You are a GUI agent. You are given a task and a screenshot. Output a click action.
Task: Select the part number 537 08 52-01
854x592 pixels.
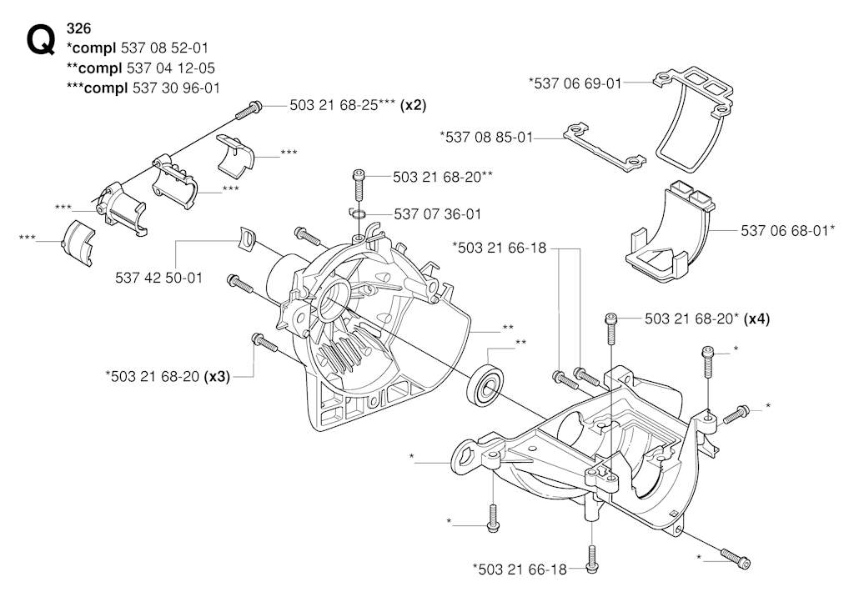(164, 48)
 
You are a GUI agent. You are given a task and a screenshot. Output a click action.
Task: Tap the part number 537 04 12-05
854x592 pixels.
(170, 68)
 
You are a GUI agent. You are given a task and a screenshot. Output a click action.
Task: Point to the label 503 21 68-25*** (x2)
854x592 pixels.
(358, 105)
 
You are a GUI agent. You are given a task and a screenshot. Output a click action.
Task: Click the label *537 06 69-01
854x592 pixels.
(575, 83)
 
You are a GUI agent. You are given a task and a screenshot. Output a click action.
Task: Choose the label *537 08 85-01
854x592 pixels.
(486, 137)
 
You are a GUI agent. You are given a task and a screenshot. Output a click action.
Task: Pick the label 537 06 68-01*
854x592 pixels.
(788, 230)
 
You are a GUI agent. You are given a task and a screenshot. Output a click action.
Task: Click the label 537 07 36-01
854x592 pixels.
(438, 214)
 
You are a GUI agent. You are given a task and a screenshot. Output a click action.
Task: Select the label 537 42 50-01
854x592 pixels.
(158, 278)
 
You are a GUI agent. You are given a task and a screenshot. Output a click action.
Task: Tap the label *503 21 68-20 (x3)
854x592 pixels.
(167, 376)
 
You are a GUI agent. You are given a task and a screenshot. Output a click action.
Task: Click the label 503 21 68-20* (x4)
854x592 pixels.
(707, 319)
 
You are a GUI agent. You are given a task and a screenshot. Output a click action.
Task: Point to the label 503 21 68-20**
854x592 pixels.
(444, 177)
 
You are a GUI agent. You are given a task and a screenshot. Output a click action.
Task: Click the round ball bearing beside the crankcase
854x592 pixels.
(486, 384)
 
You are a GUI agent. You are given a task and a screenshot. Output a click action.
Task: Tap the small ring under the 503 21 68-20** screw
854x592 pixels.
(358, 213)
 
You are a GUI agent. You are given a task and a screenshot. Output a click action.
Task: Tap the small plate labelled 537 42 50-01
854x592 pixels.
(247, 239)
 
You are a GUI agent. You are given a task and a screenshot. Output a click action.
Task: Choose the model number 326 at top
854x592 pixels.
(78, 28)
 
